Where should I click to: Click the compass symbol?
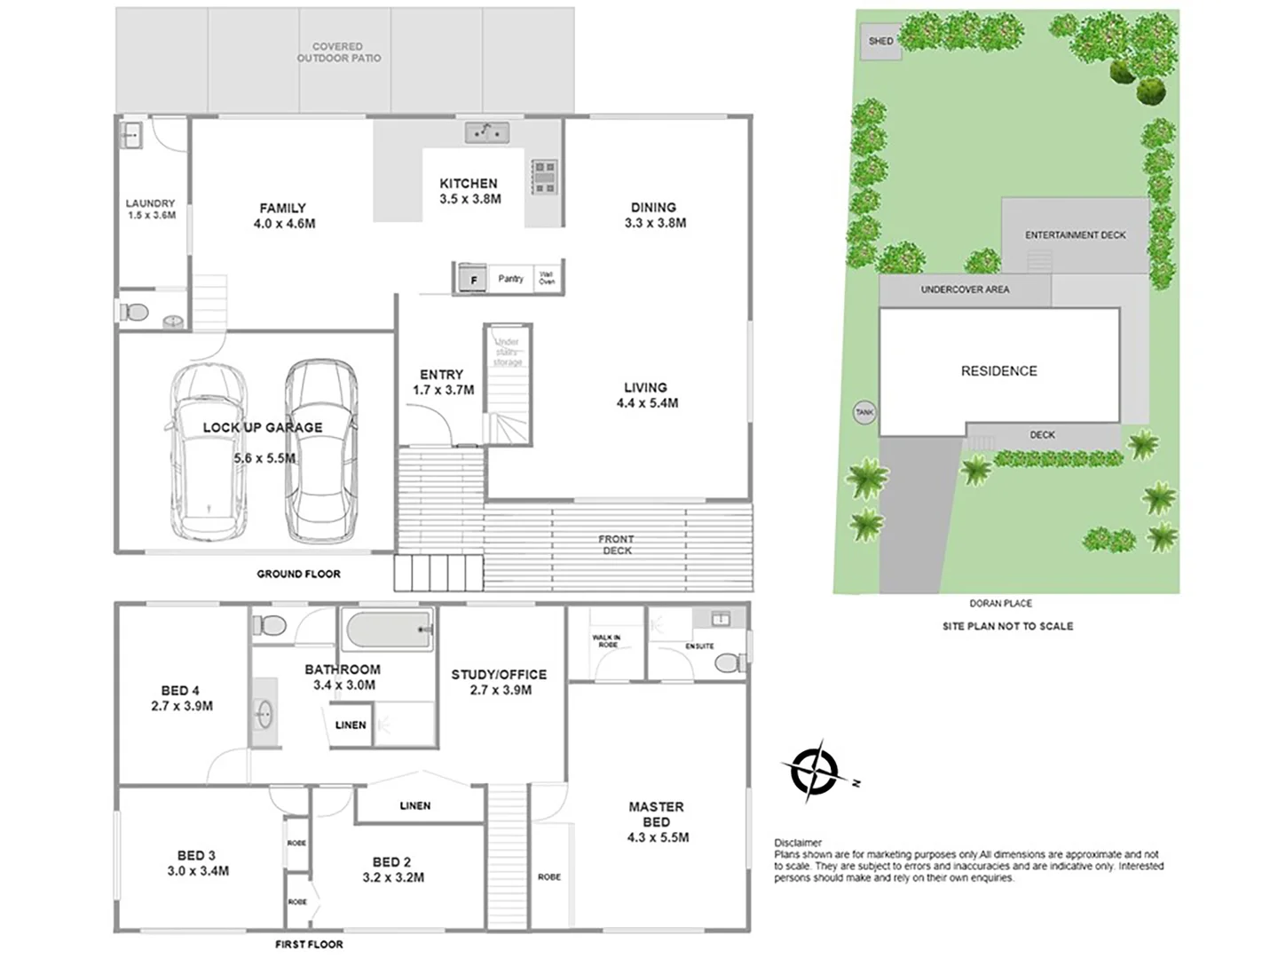point(814,771)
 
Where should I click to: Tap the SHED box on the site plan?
point(880,42)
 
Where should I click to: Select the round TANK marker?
point(864,412)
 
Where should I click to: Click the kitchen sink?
point(486,133)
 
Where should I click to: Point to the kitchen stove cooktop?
point(544,176)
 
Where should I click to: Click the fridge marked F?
point(473,280)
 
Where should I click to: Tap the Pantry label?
point(510,279)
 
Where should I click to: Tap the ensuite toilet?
point(730,662)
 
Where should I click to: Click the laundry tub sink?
point(131,136)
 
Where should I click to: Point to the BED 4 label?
point(180,691)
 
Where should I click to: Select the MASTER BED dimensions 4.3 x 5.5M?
point(657,837)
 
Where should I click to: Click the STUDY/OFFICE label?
point(499,675)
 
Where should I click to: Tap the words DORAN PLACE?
point(1000,604)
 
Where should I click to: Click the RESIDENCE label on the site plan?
point(998,371)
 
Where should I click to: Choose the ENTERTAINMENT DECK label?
point(1075,235)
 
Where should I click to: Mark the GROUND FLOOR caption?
point(298,575)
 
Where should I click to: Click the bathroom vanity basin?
point(264,711)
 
